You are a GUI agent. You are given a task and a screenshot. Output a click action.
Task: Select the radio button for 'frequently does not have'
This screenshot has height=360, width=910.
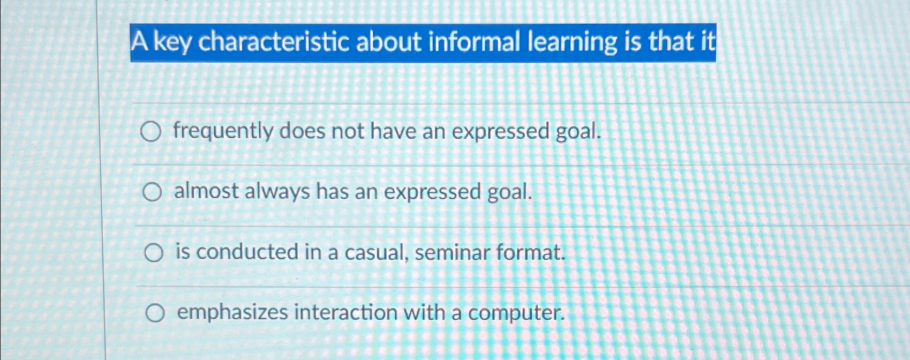coord(151,132)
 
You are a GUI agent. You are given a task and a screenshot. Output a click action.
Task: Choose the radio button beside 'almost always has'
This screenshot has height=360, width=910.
coord(152,193)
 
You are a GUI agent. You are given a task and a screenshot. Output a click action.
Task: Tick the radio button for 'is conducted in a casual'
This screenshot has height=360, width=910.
coord(154,253)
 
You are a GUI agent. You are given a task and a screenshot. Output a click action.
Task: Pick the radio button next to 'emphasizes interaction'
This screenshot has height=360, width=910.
coord(155,313)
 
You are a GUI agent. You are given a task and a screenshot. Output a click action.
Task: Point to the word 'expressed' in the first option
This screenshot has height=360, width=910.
coord(500,132)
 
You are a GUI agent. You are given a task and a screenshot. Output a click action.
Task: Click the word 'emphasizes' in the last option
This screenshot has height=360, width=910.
coord(232,313)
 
